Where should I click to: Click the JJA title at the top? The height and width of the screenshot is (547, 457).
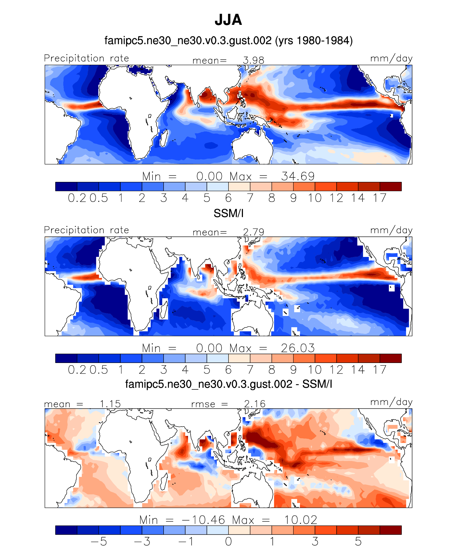point(228,20)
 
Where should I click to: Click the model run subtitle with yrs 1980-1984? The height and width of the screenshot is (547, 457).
point(228,41)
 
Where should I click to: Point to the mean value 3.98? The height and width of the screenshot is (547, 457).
point(253,60)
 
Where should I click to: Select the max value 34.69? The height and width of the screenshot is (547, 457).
point(298,176)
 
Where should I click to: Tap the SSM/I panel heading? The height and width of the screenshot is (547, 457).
point(228,213)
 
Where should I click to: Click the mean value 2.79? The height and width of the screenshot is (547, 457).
point(253,232)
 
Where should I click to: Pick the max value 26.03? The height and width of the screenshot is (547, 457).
point(298,348)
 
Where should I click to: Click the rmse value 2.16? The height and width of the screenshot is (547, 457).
point(255,404)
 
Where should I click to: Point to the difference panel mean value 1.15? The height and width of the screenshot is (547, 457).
point(110,404)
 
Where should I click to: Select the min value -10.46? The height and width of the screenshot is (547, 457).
point(203,520)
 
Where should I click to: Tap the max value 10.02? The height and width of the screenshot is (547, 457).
point(300,520)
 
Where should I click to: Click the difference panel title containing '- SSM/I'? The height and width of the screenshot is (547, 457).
point(228,384)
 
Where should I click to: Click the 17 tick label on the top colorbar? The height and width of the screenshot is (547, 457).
point(379,198)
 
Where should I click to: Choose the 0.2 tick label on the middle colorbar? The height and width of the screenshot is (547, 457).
point(77,370)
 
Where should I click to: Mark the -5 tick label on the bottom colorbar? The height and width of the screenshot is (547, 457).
point(99,542)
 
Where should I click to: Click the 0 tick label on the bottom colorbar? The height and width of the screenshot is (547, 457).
point(228,542)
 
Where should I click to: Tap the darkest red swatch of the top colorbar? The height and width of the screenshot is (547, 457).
point(390,186)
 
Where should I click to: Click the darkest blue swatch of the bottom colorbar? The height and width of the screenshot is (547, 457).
point(66,530)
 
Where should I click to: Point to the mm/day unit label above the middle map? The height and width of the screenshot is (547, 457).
point(391,230)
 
